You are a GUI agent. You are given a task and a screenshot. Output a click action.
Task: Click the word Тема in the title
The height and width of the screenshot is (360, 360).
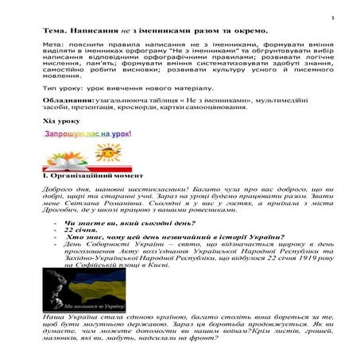click(56, 33)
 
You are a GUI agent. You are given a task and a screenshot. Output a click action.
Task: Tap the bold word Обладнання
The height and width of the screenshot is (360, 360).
click(68, 103)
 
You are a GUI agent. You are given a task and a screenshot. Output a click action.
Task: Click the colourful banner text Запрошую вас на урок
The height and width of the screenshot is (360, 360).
click(87, 134)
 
